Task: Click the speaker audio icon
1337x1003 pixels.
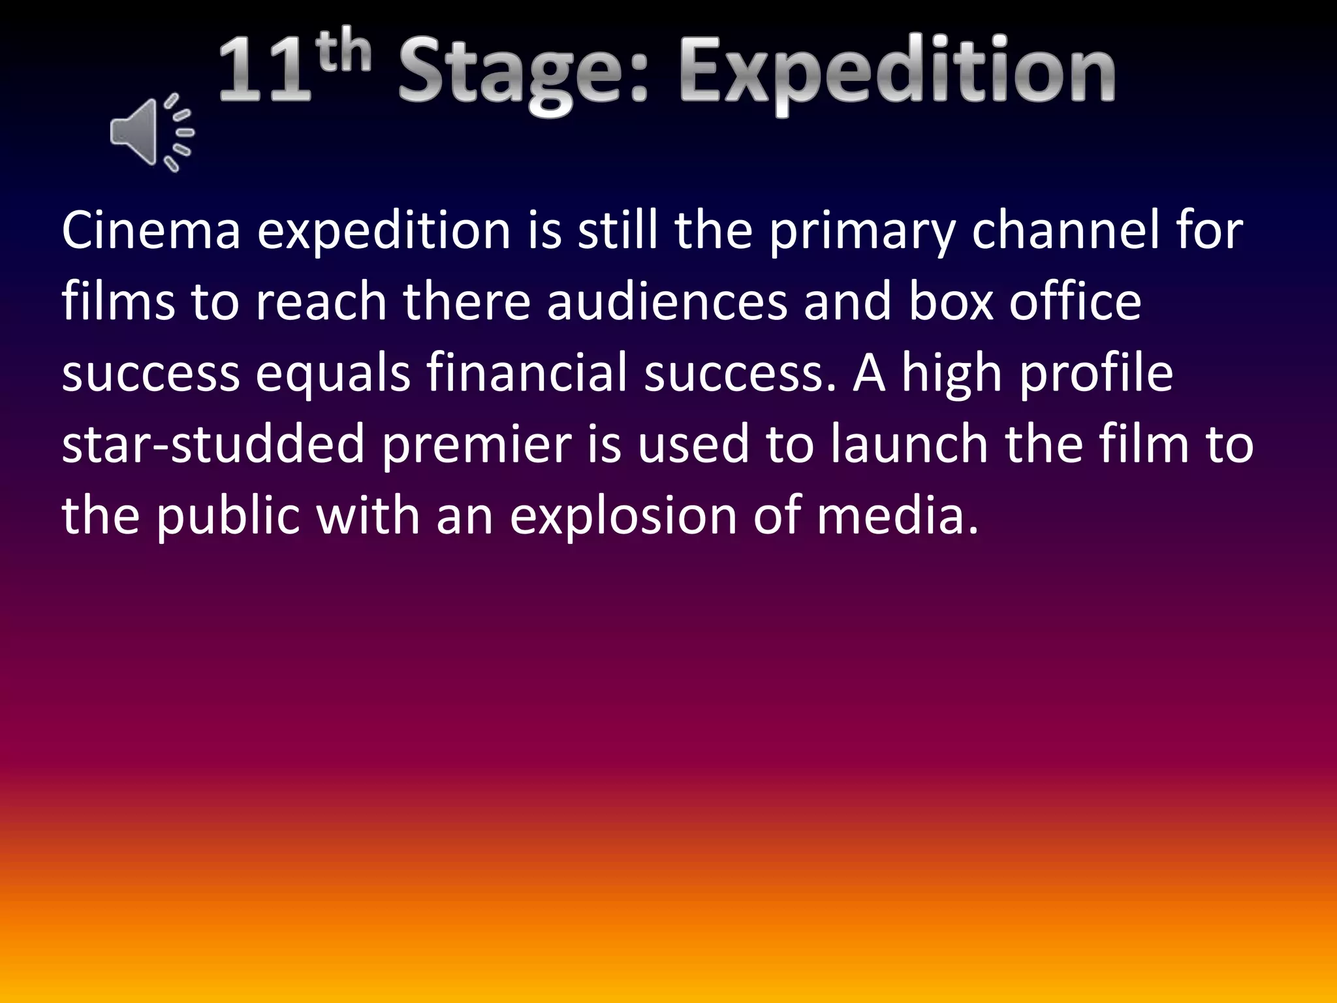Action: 151,133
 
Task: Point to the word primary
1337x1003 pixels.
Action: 862,232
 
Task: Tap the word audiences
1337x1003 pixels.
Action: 667,302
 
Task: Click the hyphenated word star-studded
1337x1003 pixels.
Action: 213,444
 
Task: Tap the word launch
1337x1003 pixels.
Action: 909,444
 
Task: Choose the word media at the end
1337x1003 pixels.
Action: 898,515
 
